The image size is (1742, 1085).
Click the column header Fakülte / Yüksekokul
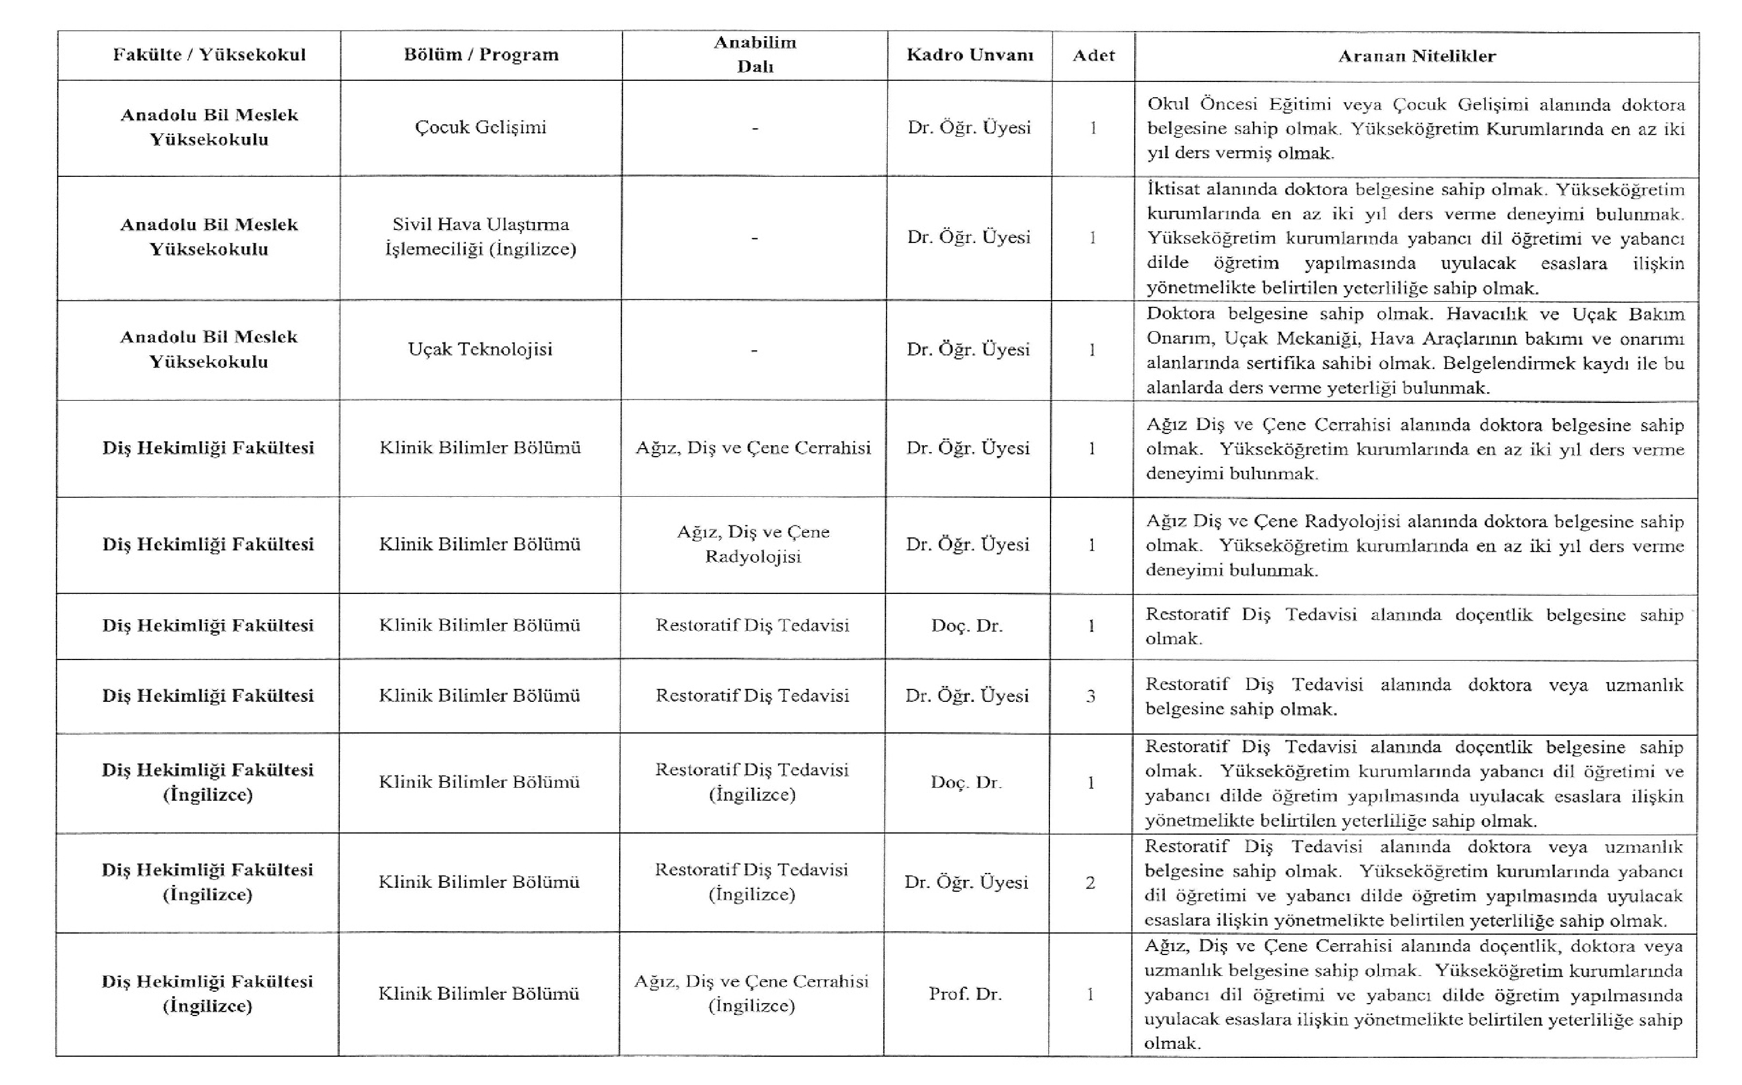[209, 55]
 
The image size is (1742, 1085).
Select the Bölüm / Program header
[481, 55]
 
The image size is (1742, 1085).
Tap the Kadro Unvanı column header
[970, 55]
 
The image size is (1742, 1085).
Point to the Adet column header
[1093, 55]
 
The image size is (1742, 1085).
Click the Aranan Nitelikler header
[1416, 56]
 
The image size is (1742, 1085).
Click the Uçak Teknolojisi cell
[480, 349]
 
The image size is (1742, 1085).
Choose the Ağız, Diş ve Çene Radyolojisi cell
[753, 544]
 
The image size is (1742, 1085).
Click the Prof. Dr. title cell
[965, 994]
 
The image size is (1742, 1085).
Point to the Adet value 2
[1090, 883]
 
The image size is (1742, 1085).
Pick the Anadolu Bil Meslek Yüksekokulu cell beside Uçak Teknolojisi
[209, 349]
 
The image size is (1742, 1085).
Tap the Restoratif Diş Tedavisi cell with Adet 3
[752, 695]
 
